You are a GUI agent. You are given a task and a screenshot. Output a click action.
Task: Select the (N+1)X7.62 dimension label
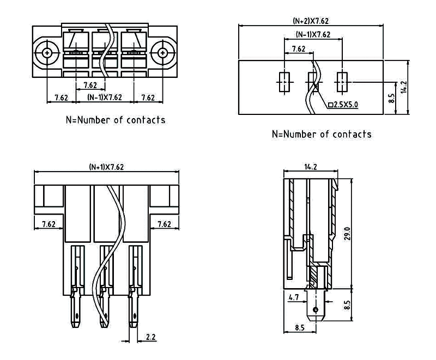click(x=106, y=167)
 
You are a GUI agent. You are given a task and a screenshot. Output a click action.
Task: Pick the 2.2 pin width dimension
click(x=151, y=338)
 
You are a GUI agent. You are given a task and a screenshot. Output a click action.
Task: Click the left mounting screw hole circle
click(x=47, y=53)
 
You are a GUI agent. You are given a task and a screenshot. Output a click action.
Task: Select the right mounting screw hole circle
click(x=162, y=53)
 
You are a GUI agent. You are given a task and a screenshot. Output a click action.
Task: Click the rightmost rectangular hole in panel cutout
click(x=342, y=82)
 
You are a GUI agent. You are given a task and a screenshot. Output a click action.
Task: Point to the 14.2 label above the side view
click(x=308, y=167)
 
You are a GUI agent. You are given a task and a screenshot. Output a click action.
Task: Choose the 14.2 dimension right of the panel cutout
click(x=403, y=87)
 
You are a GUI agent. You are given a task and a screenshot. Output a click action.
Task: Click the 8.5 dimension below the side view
click(x=300, y=328)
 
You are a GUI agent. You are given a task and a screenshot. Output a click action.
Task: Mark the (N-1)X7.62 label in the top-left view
click(x=105, y=98)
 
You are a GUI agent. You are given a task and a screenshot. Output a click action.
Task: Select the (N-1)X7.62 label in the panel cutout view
click(x=313, y=34)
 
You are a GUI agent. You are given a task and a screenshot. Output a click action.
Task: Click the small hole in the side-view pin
click(x=314, y=310)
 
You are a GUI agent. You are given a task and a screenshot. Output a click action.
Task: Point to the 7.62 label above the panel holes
click(x=298, y=49)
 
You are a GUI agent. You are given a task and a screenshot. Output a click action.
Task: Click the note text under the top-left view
click(x=115, y=120)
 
